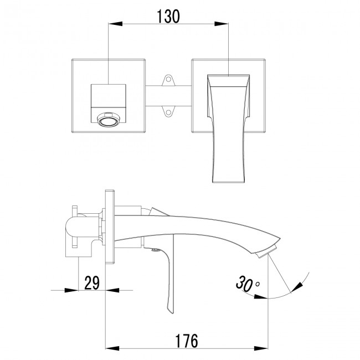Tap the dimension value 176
tap(183, 341)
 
